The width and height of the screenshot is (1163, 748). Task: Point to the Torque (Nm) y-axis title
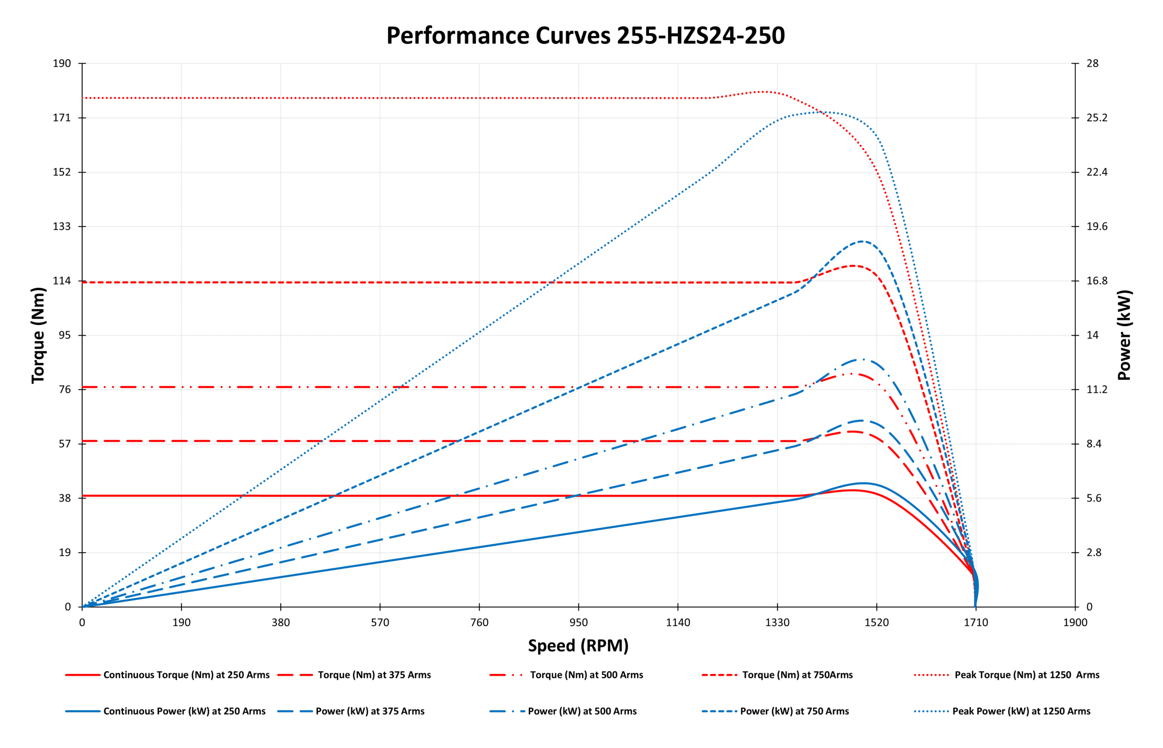pos(38,335)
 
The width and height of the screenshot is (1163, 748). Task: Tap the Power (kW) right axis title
pos(1124,335)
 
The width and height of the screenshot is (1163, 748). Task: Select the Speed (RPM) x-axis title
pos(578,645)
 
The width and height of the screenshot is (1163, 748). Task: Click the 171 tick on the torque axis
pos(62,118)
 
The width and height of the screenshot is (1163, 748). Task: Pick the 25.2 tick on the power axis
pos(1097,118)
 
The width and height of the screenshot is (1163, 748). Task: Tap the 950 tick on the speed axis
pos(578,623)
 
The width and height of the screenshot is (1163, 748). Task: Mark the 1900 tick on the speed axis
pos(1075,623)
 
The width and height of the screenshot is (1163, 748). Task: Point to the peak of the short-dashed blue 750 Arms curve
pos(862,242)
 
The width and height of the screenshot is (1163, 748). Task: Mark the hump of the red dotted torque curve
pos(764,91)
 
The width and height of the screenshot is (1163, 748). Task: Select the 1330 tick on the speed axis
pos(777,623)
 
